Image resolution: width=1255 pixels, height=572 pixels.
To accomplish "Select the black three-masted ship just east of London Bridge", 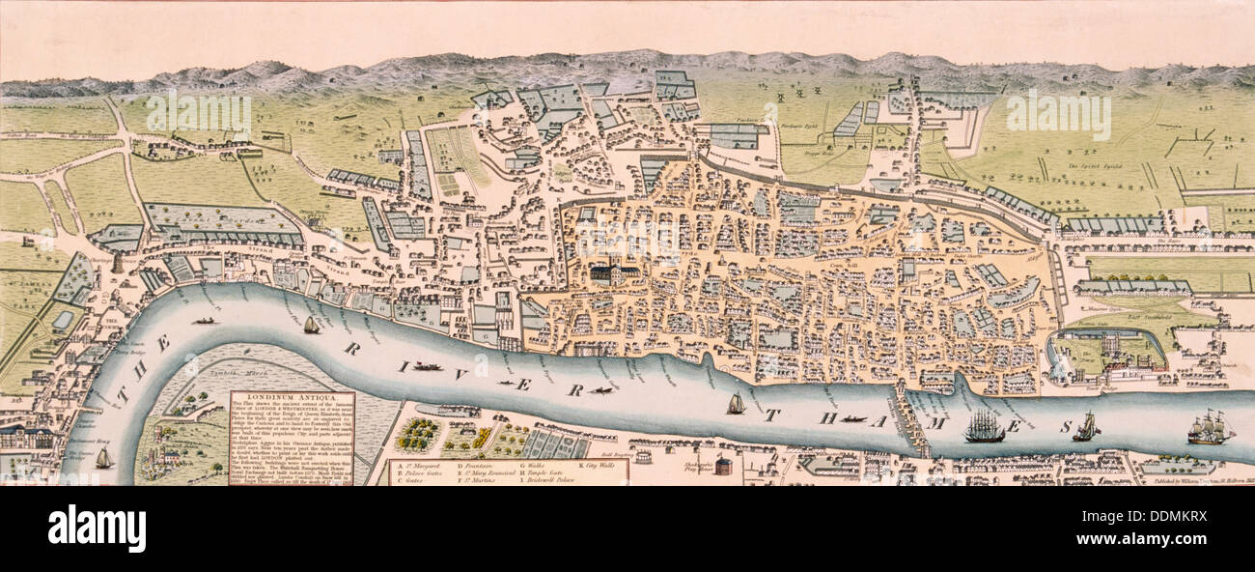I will click(984, 427).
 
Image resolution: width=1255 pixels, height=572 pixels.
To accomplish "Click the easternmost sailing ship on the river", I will click(1210, 427).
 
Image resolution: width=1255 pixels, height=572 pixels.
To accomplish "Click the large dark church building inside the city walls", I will click(612, 273).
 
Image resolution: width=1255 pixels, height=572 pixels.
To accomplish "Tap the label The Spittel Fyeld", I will click(1092, 166).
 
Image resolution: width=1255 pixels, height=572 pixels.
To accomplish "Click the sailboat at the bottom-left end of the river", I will click(103, 458).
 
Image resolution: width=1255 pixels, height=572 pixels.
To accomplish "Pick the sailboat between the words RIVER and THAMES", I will click(736, 404).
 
